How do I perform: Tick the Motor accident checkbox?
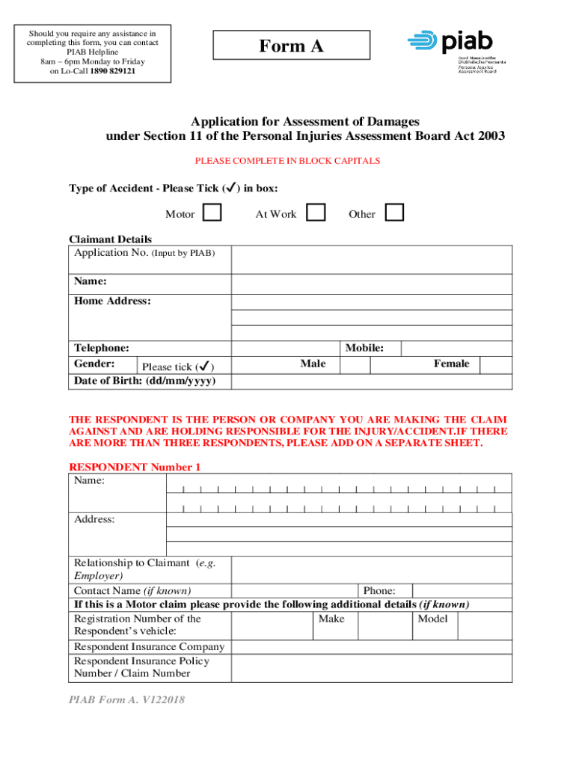[x=212, y=213]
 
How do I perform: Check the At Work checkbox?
[x=316, y=213]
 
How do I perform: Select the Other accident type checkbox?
[x=395, y=213]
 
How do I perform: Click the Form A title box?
[x=292, y=46]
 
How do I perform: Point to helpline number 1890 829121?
[x=114, y=71]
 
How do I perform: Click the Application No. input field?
[x=371, y=260]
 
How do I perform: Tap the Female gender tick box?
[x=495, y=365]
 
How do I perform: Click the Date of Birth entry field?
[x=371, y=382]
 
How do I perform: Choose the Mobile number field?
[x=456, y=349]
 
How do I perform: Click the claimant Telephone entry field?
[x=287, y=349]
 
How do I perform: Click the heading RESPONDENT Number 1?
[x=135, y=468]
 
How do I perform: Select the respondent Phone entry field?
[x=462, y=591]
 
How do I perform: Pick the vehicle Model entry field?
[x=484, y=625]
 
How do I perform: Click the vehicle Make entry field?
[x=385, y=625]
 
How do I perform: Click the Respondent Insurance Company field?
[x=371, y=647]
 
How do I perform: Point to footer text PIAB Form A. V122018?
[x=126, y=700]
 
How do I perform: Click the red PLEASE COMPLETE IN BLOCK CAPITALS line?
[x=287, y=161]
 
